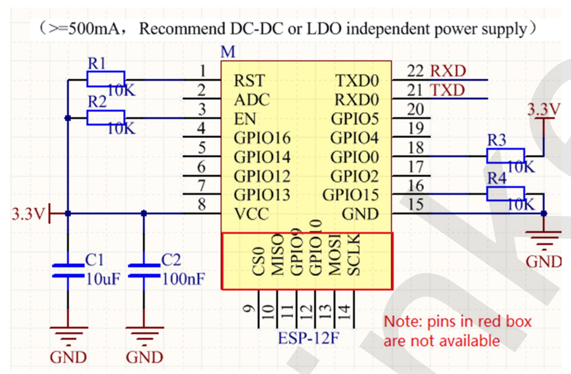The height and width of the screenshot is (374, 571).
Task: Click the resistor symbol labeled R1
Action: pos(105,80)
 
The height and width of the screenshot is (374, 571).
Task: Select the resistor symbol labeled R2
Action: pos(105,118)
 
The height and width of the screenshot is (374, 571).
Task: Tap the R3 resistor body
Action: pos(505,156)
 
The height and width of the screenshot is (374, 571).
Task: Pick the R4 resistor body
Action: pos(505,194)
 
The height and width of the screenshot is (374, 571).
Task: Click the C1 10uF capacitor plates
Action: pos(67,271)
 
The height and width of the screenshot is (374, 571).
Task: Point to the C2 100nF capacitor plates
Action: pos(144,271)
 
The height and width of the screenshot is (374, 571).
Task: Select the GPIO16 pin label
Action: pos(262,138)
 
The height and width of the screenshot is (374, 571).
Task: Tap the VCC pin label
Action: pos(251,214)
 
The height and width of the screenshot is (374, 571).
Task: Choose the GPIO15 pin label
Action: pos(350,195)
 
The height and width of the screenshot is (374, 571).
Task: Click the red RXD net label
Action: pos(448,71)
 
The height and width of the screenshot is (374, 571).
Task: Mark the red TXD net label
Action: pos(448,90)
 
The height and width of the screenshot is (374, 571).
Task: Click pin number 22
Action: pos(415,71)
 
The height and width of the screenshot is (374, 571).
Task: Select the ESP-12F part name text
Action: pos(309,338)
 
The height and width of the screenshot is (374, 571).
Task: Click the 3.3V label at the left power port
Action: pos(27,214)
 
